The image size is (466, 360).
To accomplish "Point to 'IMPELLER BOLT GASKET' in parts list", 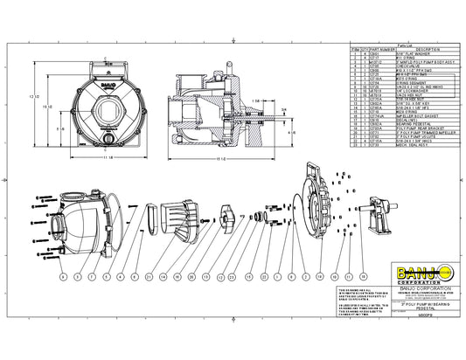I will click(412, 116).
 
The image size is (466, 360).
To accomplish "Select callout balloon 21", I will click(150, 276).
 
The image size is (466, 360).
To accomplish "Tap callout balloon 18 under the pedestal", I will click(360, 276).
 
